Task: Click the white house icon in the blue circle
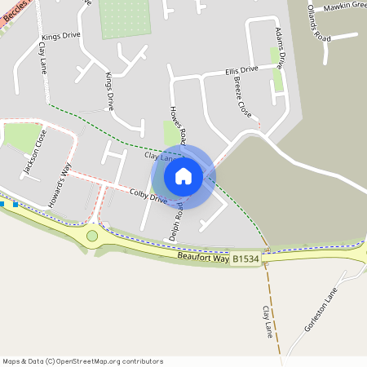pyautogui.click(x=183, y=175)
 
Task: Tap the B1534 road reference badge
pyautogui.click(x=245, y=259)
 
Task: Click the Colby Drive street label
pyautogui.click(x=148, y=197)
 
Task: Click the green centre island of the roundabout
pyautogui.click(x=92, y=236)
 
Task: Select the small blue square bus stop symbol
pyautogui.click(x=13, y=206)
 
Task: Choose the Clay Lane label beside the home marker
pyautogui.click(x=159, y=155)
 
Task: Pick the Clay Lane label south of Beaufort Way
pyautogui.click(x=267, y=321)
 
